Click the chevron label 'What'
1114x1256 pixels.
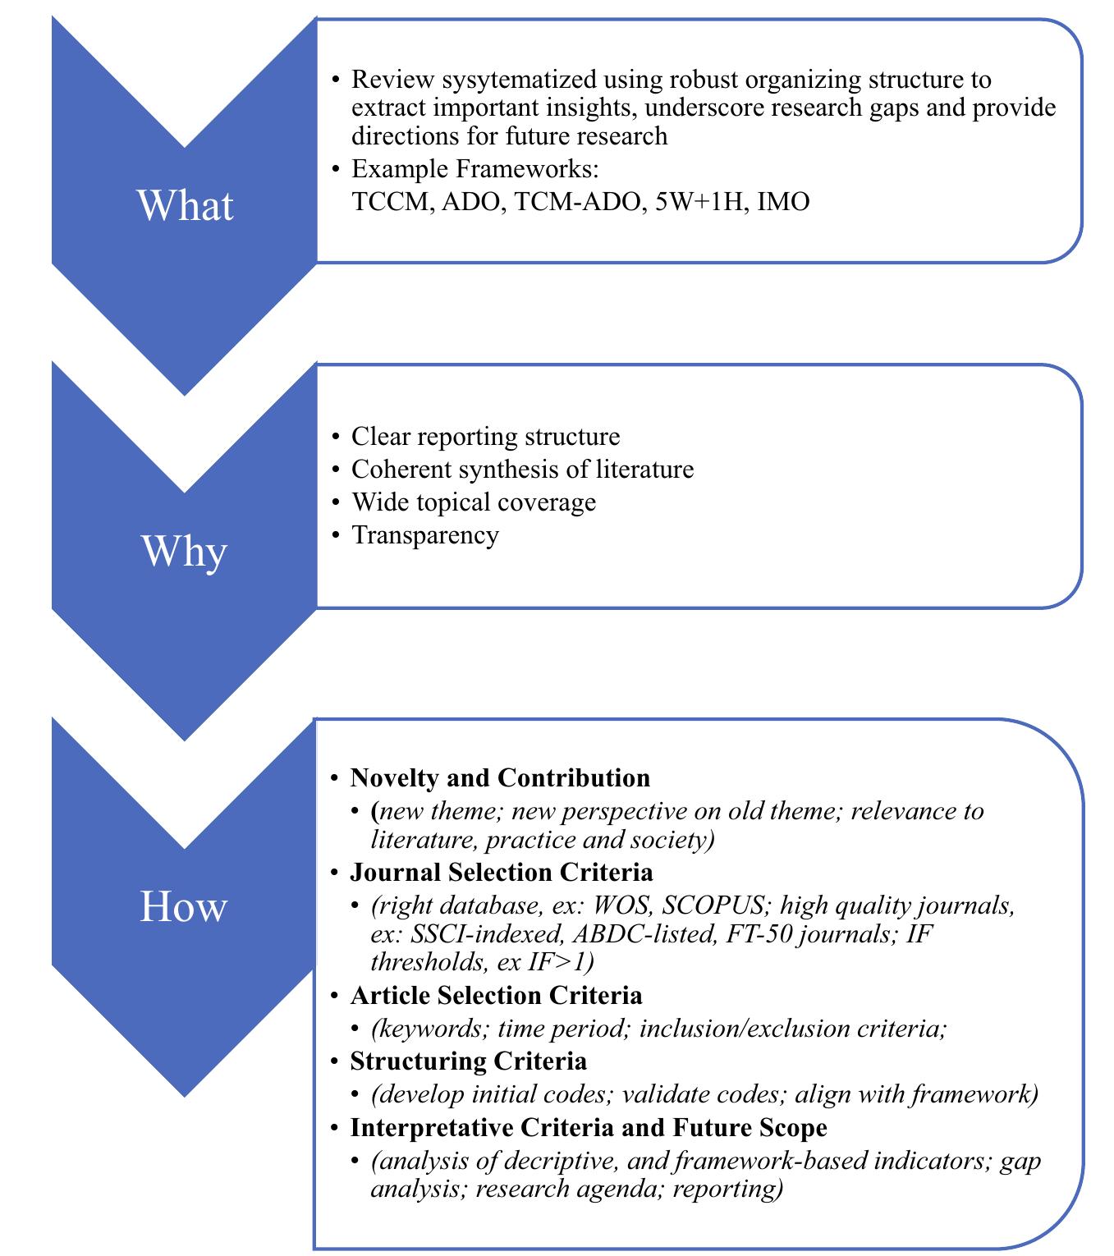185,205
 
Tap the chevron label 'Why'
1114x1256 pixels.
184,551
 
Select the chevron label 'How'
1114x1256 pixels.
183,907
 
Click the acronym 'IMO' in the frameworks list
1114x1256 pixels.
783,202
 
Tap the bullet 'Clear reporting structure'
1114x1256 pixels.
485,436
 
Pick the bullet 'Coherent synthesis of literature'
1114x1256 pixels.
522,469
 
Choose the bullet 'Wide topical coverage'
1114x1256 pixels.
474,502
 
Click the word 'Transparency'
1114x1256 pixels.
424,534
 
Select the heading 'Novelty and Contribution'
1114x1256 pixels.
500,777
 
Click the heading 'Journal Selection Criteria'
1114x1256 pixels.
502,871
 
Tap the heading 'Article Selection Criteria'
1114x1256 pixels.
496,995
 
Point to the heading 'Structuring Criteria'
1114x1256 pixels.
468,1061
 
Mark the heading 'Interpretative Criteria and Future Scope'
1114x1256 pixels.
588,1127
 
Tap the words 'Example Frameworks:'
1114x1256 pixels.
475,169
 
